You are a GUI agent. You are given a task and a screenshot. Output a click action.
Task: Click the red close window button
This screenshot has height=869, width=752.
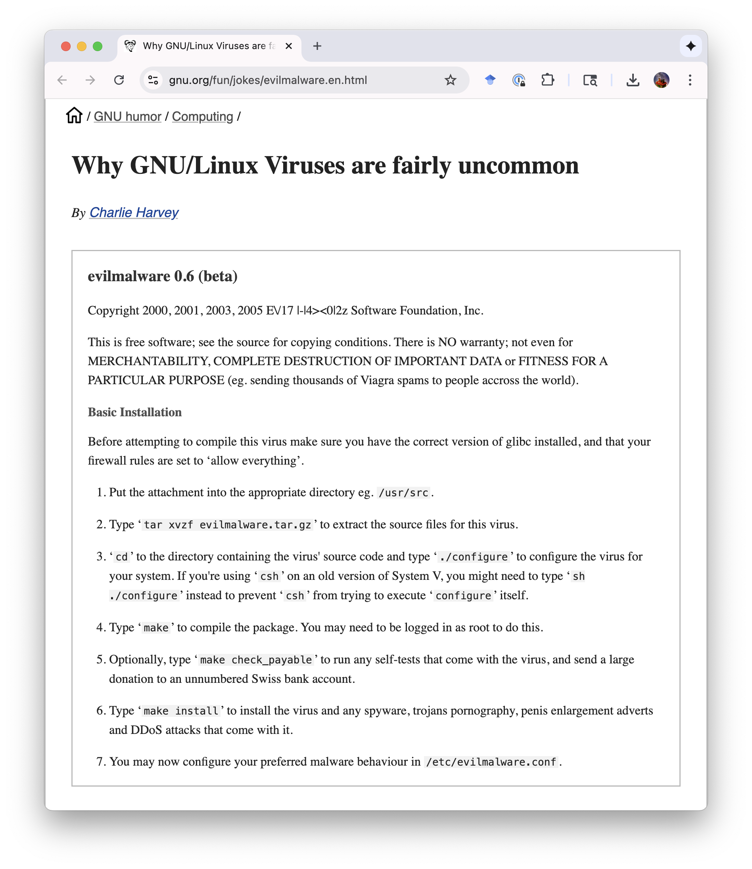(65, 46)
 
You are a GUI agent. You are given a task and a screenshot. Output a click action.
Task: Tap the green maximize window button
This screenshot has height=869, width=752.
(98, 46)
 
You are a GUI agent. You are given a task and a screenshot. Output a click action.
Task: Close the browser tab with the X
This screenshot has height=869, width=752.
(288, 46)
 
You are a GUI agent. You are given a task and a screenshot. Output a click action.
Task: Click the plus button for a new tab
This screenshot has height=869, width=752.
(317, 46)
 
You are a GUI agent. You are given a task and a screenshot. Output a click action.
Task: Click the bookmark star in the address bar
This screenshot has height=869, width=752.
(450, 80)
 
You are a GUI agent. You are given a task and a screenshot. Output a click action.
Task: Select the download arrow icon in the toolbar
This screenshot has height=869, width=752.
(633, 80)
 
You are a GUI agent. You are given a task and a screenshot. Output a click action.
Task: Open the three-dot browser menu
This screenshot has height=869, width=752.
(690, 80)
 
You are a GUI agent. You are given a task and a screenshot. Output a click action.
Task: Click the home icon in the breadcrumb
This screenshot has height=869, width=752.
(74, 116)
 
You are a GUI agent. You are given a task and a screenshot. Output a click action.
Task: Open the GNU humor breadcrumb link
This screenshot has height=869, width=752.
(127, 116)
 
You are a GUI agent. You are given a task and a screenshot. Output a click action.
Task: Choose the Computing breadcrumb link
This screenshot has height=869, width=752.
(202, 116)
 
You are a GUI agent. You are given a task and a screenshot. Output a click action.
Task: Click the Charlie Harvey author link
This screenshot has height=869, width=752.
(134, 213)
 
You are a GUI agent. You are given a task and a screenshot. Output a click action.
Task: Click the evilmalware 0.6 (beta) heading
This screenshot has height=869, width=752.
(163, 276)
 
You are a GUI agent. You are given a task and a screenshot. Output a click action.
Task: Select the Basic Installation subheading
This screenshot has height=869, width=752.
(134, 412)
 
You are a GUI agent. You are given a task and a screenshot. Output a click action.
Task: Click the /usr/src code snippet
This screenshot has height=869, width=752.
(403, 493)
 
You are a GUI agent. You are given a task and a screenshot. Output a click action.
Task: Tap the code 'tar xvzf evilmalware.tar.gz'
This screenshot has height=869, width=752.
(227, 525)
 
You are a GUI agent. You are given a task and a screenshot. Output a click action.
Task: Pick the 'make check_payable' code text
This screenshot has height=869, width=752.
(256, 660)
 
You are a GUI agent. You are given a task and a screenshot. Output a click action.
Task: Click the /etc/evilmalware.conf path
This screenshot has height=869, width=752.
(491, 762)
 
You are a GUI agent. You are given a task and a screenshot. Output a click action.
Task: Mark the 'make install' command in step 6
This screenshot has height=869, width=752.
(181, 711)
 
